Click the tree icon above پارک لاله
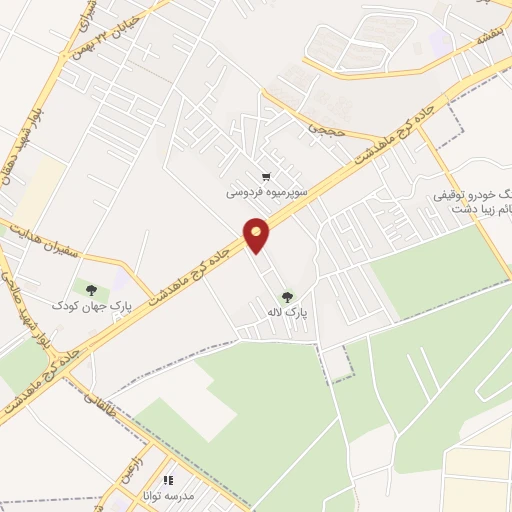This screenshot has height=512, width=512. click(x=288, y=297)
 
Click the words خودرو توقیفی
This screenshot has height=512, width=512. click(x=478, y=194)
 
